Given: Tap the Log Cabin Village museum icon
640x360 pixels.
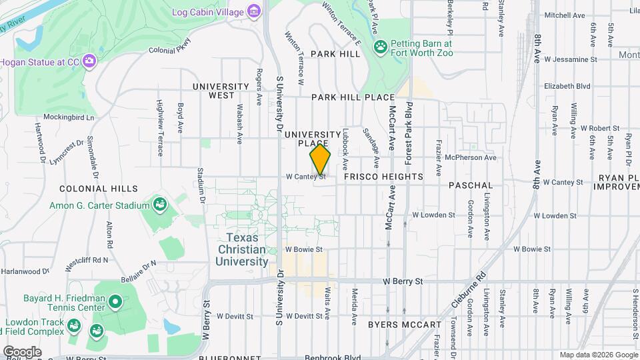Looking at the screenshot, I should pyautogui.click(x=253, y=11).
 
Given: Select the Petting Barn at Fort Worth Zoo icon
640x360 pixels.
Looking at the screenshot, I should pyautogui.click(x=381, y=47).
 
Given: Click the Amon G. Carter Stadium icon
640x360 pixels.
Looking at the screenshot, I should pyautogui.click(x=159, y=203).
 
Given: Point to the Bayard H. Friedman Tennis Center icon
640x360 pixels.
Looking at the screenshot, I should pyautogui.click(x=115, y=303).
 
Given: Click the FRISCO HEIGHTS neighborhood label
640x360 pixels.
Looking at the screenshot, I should pyautogui.click(x=383, y=177).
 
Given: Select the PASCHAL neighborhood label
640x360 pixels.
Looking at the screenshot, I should pyautogui.click(x=470, y=185).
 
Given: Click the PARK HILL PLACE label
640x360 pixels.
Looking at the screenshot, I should pyautogui.click(x=353, y=97).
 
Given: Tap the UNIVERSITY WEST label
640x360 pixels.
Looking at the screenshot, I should pyautogui.click(x=222, y=91).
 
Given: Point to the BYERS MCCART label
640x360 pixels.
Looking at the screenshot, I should pyautogui.click(x=404, y=325).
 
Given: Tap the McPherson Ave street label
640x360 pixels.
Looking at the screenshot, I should pyautogui.click(x=471, y=157).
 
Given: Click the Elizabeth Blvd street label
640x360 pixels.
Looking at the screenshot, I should pyautogui.click(x=567, y=86).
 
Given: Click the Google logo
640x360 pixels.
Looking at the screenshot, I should pyautogui.click(x=22, y=351).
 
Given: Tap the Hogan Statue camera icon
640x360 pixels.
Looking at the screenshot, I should pyautogui.click(x=89, y=62).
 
